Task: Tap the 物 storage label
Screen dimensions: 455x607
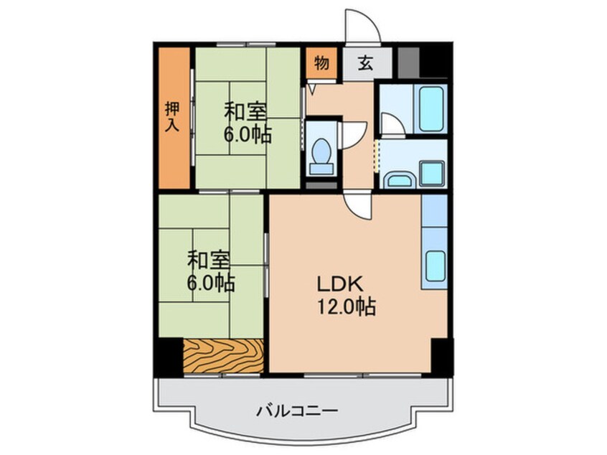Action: tap(322, 64)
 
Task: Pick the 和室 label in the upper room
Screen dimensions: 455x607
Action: tap(246, 112)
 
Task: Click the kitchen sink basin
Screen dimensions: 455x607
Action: tap(435, 266)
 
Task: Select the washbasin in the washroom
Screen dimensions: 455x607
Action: tap(397, 179)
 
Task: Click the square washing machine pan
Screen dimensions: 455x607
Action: tap(432, 173)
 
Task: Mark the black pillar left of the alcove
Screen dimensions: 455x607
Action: tap(169, 355)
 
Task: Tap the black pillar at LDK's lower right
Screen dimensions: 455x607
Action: tap(440, 354)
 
